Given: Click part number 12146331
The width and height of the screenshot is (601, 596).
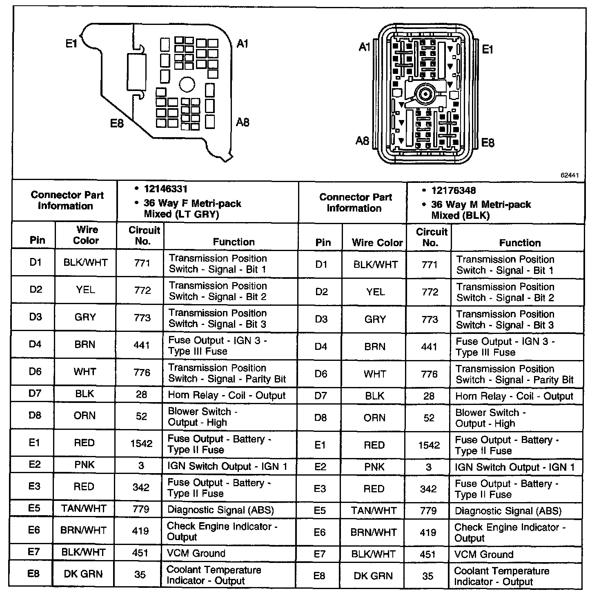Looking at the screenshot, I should tap(165, 189).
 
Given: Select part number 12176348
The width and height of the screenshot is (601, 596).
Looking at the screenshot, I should tap(453, 191).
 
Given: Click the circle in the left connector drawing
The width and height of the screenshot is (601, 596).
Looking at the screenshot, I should tap(187, 85).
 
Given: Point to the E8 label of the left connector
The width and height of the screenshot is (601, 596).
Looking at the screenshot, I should tap(117, 122).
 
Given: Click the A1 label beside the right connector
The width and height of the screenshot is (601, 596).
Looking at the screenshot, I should tap(364, 47).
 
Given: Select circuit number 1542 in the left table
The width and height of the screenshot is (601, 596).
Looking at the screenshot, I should tap(141, 443).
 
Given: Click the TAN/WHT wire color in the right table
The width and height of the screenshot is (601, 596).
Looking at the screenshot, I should tap(374, 511).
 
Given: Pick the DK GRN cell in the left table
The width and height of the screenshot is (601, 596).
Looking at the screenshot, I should tap(83, 574).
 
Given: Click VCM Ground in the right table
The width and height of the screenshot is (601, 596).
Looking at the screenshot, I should tap(484, 554).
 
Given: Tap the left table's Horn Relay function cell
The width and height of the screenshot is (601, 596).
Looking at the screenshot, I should tap(227, 395).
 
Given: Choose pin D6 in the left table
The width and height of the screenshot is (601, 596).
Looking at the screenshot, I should tap(35, 371).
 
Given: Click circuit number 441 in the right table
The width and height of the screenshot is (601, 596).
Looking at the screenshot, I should tap(429, 347).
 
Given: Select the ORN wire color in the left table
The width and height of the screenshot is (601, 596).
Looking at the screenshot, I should tap(85, 416).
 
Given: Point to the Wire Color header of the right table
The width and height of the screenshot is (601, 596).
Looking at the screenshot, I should tap(377, 243).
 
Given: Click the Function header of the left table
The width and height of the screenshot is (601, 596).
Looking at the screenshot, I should tap(234, 242).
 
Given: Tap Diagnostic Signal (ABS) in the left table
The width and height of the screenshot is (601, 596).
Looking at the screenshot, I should tap(220, 509).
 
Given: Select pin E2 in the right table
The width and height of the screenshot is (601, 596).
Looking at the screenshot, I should tap(321, 467).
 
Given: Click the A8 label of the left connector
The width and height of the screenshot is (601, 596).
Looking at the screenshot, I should tap(243, 122).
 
